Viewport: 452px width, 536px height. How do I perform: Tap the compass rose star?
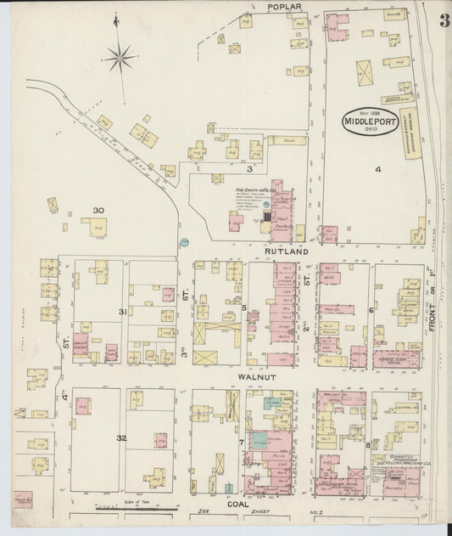[x=120, y=59]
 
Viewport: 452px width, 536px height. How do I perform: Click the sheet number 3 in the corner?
[x=444, y=20]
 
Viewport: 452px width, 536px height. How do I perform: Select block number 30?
[x=98, y=210]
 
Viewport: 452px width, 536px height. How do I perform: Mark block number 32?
[x=122, y=438]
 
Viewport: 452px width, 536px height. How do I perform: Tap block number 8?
[x=367, y=444]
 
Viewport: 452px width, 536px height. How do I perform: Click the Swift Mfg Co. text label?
[x=251, y=190]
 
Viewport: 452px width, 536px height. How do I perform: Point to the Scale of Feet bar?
[x=136, y=509]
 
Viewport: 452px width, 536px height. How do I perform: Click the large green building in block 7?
[x=259, y=438]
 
